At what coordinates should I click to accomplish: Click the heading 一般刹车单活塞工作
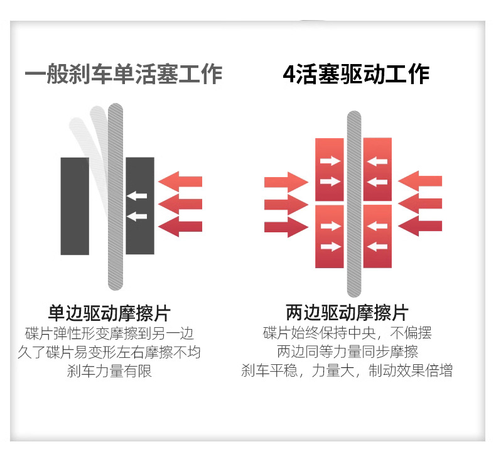(x=124, y=74)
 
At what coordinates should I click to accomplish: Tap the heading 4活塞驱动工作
(x=356, y=74)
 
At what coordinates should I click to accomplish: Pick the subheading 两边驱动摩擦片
(x=347, y=313)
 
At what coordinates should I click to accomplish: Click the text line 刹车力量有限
(x=109, y=370)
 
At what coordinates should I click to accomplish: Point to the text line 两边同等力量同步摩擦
(x=347, y=352)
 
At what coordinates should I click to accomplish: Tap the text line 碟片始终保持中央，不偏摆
(x=347, y=333)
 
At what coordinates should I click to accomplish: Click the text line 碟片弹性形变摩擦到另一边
(x=109, y=333)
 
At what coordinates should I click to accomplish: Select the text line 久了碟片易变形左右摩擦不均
(x=109, y=352)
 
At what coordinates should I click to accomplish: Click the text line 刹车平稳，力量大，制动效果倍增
(x=347, y=370)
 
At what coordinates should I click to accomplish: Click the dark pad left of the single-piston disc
(x=75, y=206)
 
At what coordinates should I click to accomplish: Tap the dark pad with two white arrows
(x=140, y=206)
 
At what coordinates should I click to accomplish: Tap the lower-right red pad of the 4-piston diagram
(x=377, y=236)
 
